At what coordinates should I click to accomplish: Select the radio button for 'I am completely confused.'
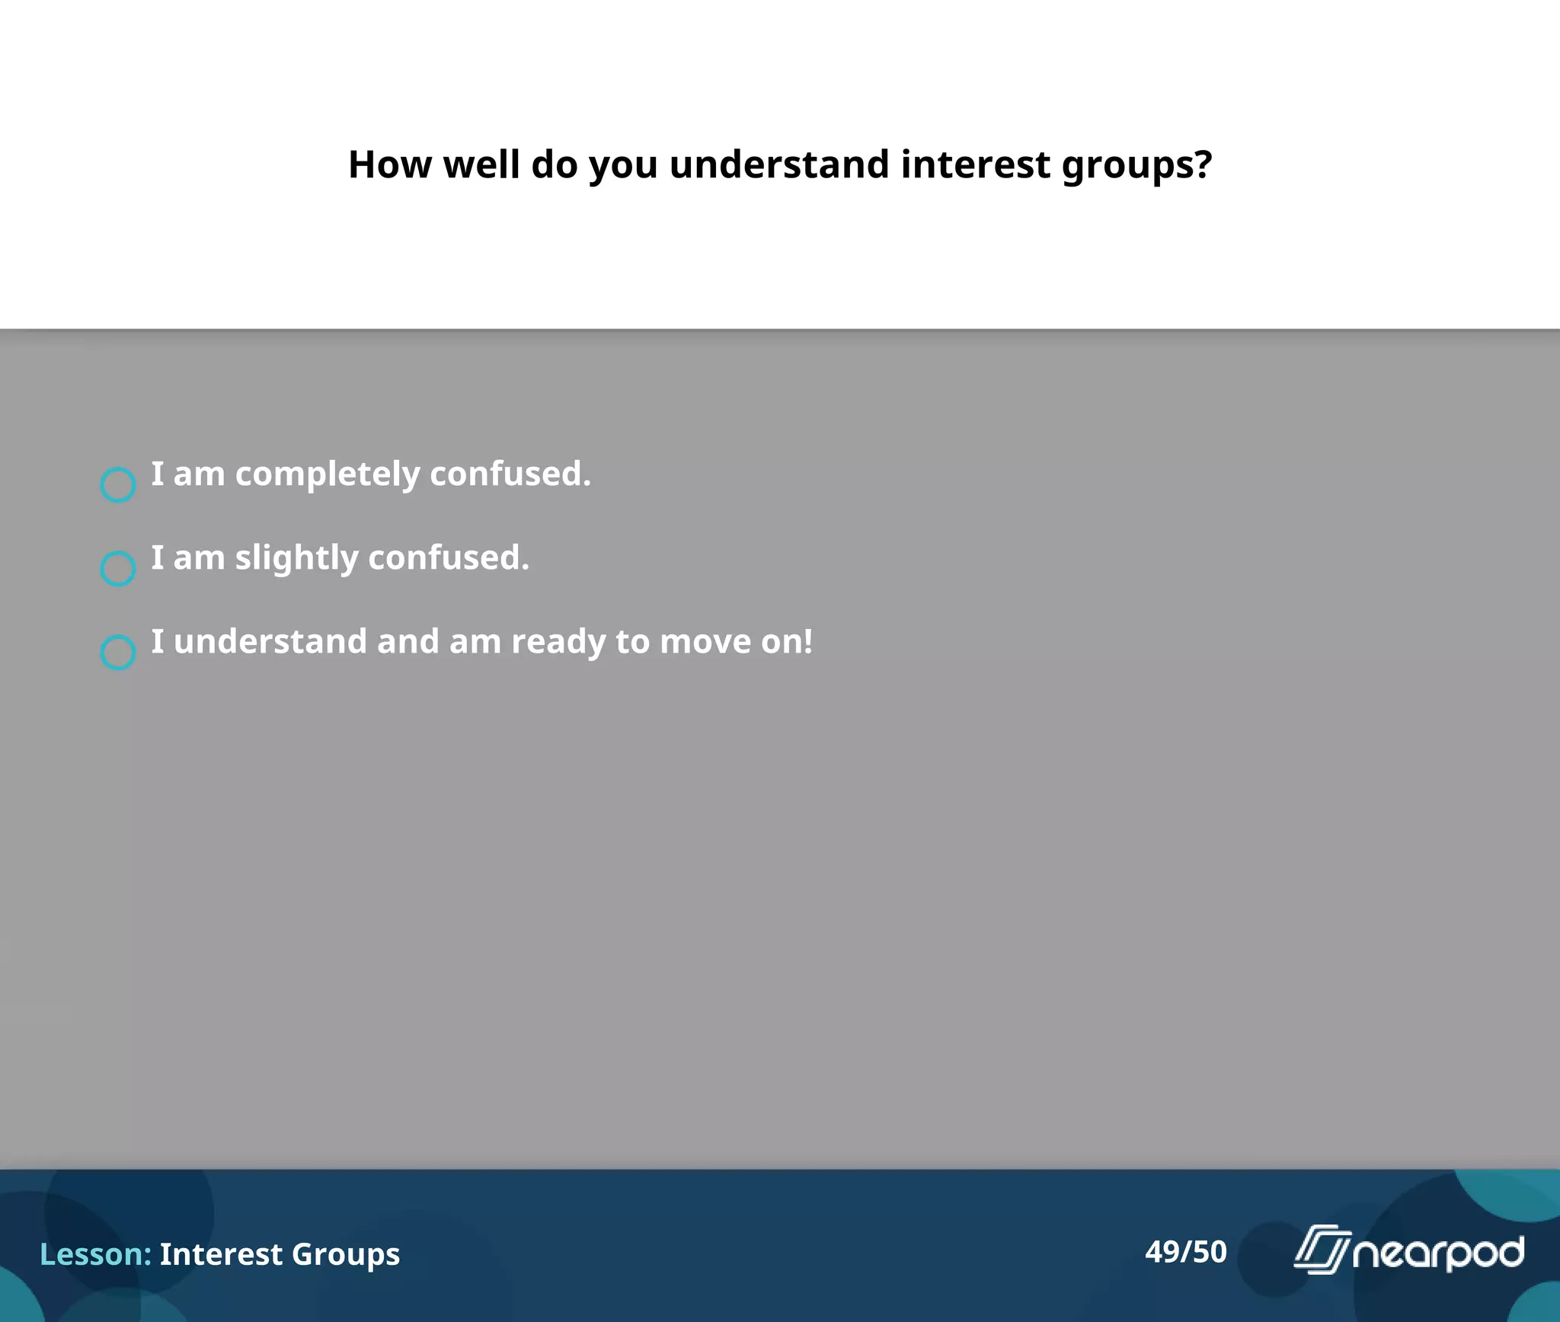(118, 484)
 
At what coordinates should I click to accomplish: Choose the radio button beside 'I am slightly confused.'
(118, 568)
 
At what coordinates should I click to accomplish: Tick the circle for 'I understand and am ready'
(118, 652)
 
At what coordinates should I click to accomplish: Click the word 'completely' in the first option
(327, 474)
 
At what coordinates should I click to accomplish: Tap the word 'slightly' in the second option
(296, 558)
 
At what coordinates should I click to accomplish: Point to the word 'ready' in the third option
(558, 642)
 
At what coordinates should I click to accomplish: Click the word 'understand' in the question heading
(779, 164)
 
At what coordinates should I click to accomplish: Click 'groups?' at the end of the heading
(1136, 166)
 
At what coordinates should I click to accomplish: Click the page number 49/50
(1186, 1251)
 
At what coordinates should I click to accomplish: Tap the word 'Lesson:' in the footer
(95, 1254)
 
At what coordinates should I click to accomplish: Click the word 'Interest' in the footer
(221, 1254)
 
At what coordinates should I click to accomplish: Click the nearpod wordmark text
(1438, 1253)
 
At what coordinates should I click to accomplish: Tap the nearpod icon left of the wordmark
(1322, 1249)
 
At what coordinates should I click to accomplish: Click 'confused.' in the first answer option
(510, 474)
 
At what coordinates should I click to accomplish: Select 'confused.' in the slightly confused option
(449, 557)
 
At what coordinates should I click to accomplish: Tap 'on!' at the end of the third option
(788, 642)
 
